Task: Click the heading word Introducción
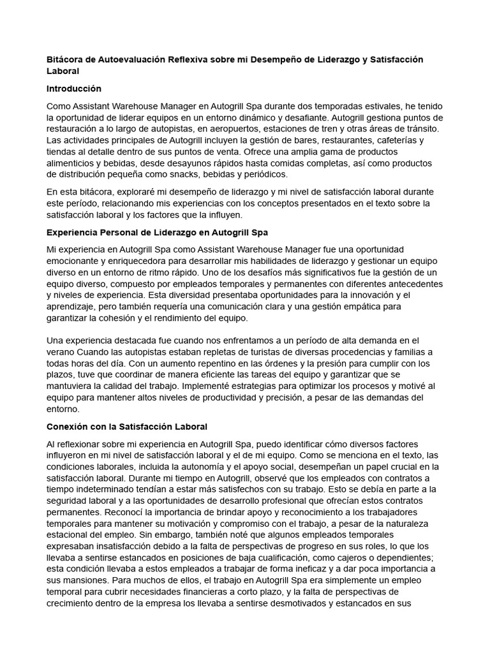[74, 89]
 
